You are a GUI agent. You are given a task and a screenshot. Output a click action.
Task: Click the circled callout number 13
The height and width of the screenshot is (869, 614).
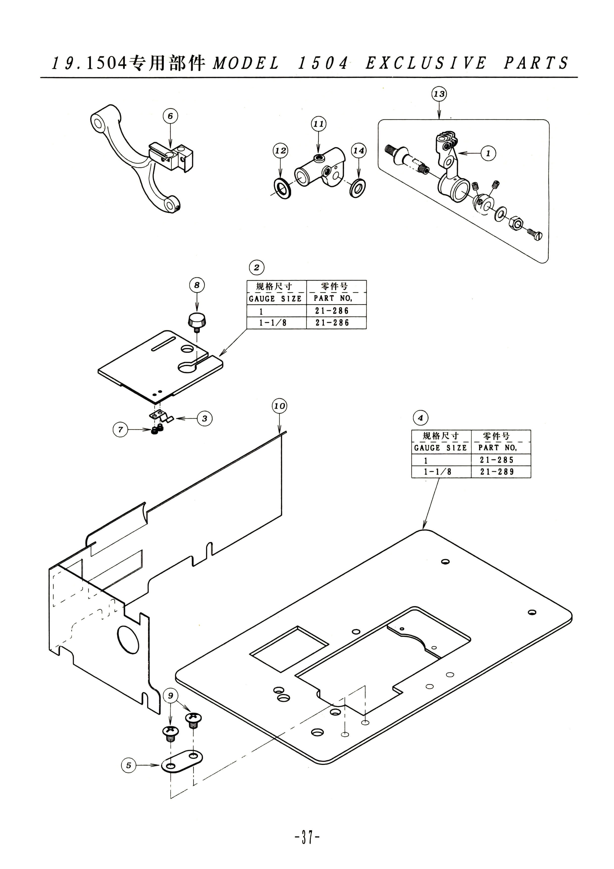(439, 94)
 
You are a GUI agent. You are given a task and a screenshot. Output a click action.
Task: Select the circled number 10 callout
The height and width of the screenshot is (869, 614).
(279, 406)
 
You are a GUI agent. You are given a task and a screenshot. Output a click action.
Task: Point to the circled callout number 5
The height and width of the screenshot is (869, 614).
(129, 765)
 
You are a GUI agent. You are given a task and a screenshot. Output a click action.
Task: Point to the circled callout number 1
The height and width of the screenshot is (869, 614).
(488, 153)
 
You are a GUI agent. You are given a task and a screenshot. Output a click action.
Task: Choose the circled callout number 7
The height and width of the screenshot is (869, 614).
(120, 430)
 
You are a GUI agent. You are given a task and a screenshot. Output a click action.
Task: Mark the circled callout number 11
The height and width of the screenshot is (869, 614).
(319, 124)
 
